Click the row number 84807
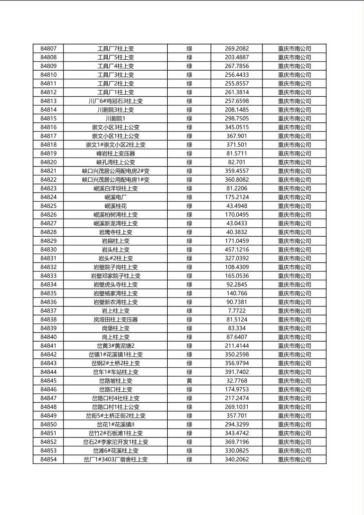click(49, 49)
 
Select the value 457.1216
click(237, 250)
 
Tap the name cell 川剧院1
click(115, 119)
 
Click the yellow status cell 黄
click(189, 381)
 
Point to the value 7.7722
click(237, 311)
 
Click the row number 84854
click(49, 460)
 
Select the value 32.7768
click(237, 381)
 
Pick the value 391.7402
click(237, 372)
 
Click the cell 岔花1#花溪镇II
click(115, 424)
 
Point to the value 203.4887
click(237, 58)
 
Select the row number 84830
click(49, 250)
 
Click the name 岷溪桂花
click(115, 206)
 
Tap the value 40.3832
click(237, 232)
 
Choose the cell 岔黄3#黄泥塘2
click(115, 346)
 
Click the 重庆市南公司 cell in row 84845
click(294, 381)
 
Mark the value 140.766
click(237, 293)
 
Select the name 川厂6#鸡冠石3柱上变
click(115, 101)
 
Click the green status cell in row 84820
click(189, 162)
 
